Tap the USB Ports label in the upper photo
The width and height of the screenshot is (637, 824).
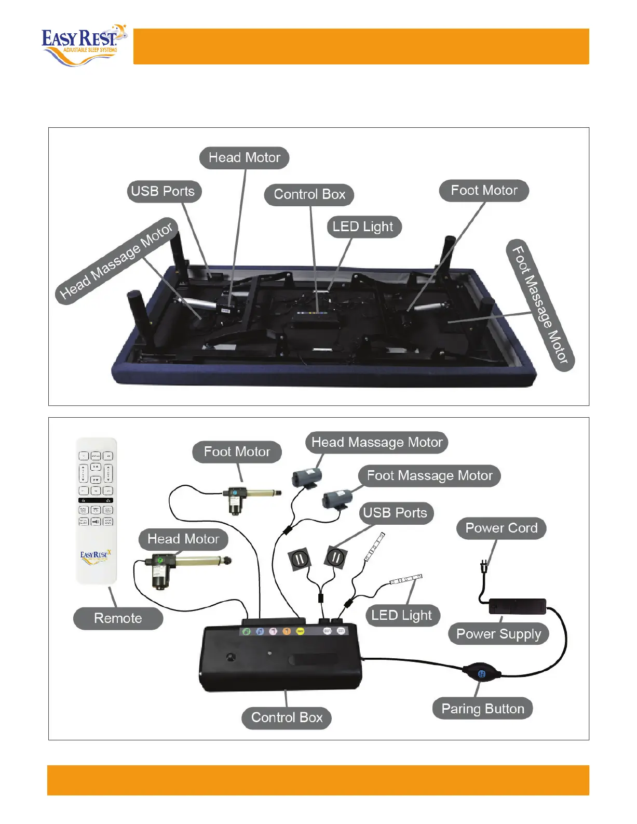[163, 191]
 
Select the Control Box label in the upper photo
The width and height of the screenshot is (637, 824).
[309, 194]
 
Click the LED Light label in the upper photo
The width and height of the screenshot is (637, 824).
[363, 227]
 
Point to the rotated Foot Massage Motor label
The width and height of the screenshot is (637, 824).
[540, 305]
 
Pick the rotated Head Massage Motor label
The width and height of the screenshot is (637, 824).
[116, 260]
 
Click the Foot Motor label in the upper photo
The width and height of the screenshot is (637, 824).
[484, 191]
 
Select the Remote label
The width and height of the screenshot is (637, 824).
[118, 618]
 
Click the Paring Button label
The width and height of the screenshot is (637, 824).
[483, 709]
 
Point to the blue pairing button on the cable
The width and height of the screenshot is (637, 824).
[482, 673]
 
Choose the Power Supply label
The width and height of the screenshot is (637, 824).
[498, 634]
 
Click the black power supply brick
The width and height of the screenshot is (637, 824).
[518, 606]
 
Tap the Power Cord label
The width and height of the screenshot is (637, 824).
[501, 528]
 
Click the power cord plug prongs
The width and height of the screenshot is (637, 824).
[484, 565]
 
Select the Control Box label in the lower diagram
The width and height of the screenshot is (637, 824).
[287, 717]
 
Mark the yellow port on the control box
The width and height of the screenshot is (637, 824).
[300, 631]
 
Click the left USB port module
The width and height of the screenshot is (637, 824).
[300, 559]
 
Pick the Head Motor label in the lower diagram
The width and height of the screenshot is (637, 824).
[183, 539]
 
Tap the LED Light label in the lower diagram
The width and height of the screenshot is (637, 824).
[402, 616]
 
